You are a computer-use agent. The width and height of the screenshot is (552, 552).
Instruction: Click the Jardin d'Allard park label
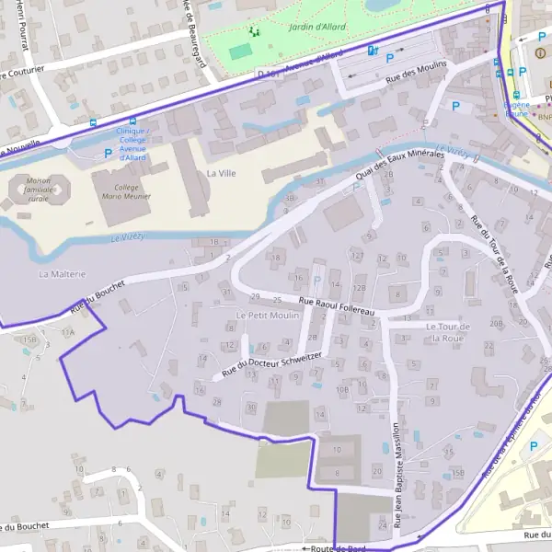(x=285, y=28)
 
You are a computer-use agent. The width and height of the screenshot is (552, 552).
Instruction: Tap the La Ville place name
(x=222, y=173)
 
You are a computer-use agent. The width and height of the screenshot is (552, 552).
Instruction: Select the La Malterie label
(x=62, y=274)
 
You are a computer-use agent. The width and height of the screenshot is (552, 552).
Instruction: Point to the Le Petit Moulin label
(x=268, y=316)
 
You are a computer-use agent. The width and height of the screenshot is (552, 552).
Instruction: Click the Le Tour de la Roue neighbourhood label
(x=448, y=332)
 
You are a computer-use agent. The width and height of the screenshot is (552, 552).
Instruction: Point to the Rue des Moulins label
(x=416, y=71)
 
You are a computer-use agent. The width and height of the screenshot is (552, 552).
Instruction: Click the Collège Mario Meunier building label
(x=128, y=191)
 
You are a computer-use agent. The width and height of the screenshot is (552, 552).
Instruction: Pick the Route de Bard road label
(x=339, y=547)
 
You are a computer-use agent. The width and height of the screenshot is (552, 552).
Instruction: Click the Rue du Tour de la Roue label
(x=494, y=253)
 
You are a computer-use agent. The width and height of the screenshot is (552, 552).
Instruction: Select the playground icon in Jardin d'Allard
(x=253, y=32)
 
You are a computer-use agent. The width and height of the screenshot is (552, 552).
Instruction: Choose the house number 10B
(x=342, y=389)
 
